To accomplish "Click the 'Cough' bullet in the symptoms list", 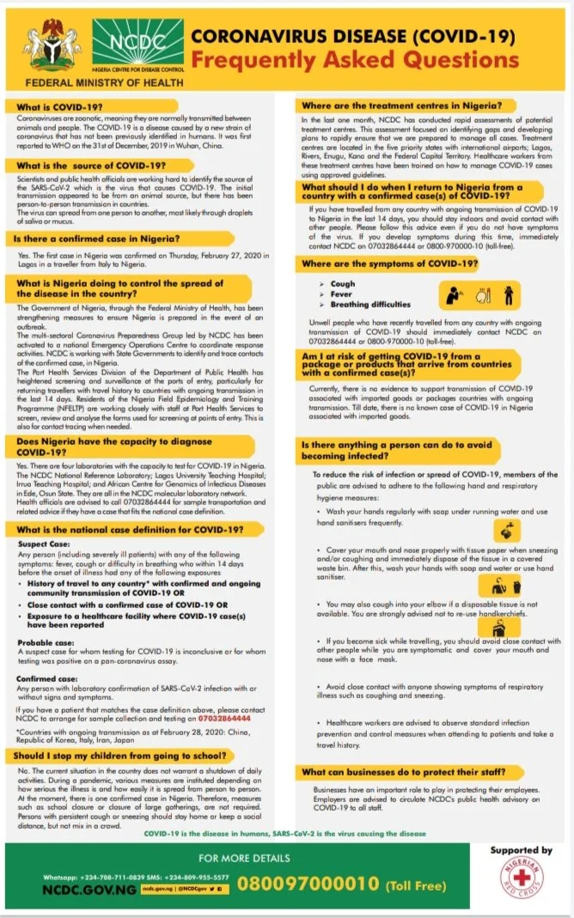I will tap(342, 284).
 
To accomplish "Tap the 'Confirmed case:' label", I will tap(50, 678).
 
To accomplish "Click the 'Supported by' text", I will tap(521, 850).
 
